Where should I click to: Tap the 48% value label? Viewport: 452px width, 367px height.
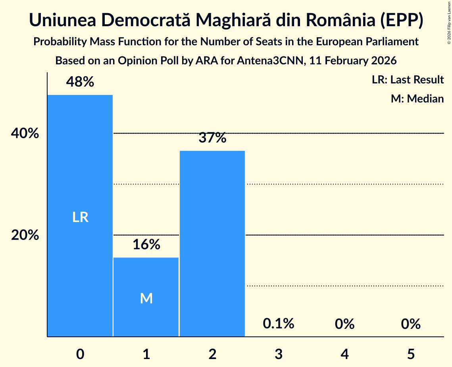[x=80, y=82]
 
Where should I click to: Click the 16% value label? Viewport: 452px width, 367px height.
[x=146, y=245]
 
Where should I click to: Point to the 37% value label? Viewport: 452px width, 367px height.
[x=212, y=138]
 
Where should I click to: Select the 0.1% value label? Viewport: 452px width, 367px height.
[x=279, y=324]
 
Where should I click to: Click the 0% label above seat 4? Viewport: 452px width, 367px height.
[x=344, y=324]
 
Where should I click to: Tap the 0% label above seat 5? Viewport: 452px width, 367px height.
[x=410, y=324]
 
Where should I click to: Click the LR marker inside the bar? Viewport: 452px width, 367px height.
[x=80, y=217]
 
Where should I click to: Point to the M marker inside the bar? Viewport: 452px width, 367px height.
[x=146, y=298]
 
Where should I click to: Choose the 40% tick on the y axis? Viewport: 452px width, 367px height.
[x=25, y=134]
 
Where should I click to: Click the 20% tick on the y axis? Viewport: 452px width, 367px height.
[x=25, y=236]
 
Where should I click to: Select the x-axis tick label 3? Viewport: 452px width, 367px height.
[x=279, y=353]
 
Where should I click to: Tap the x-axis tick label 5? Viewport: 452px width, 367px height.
[x=410, y=353]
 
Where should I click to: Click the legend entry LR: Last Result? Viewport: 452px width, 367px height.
[x=408, y=80]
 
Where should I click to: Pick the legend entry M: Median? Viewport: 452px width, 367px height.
[x=417, y=99]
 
